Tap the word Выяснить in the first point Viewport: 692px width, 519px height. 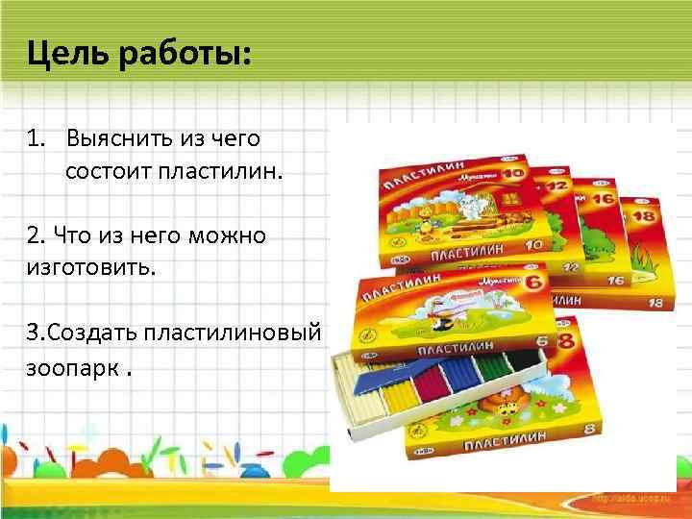(x=119, y=138)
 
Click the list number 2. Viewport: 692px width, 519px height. (x=35, y=234)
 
